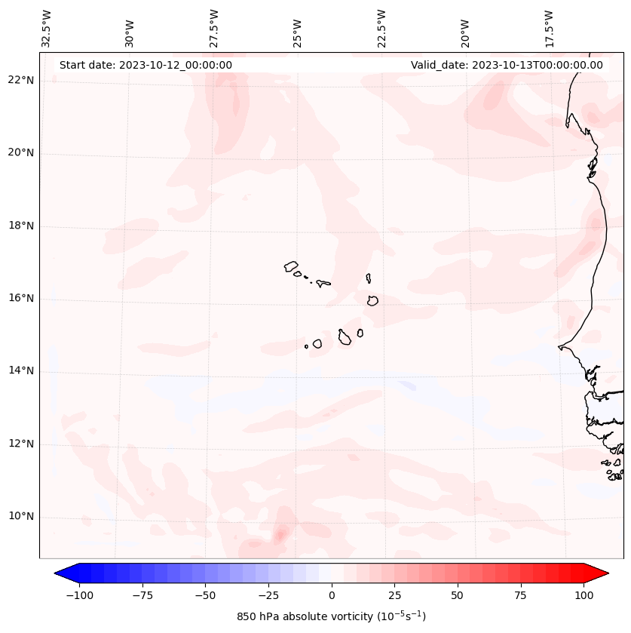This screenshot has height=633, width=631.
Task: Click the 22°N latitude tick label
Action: click(21, 80)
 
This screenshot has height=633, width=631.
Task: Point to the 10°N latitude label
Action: click(21, 517)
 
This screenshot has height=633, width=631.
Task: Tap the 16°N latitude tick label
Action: click(21, 299)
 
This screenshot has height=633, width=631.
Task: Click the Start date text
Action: click(145, 65)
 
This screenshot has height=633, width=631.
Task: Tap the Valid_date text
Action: click(507, 65)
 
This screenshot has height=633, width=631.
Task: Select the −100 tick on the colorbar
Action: click(79, 595)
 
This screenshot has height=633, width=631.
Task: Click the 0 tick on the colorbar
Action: click(332, 595)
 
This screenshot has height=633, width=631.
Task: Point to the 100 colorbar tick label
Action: click(584, 595)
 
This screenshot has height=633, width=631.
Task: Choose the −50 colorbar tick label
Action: click(205, 595)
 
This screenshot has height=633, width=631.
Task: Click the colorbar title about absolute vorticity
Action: click(332, 616)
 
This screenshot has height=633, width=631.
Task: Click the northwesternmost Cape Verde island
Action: click(291, 266)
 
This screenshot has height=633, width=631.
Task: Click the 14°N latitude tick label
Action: click(21, 371)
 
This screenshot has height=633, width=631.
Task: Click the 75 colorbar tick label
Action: click(521, 595)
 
